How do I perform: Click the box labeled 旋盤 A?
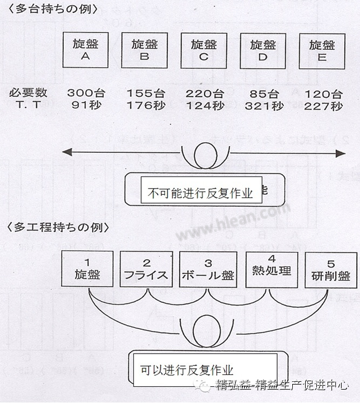point(86,50)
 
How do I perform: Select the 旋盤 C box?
point(204,50)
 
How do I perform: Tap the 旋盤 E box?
point(321,50)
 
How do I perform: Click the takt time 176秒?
point(144,105)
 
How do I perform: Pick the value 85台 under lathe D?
point(263,93)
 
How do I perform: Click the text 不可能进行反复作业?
point(200,194)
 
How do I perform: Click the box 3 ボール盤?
point(208,269)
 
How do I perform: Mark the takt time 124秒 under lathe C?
point(204,105)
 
